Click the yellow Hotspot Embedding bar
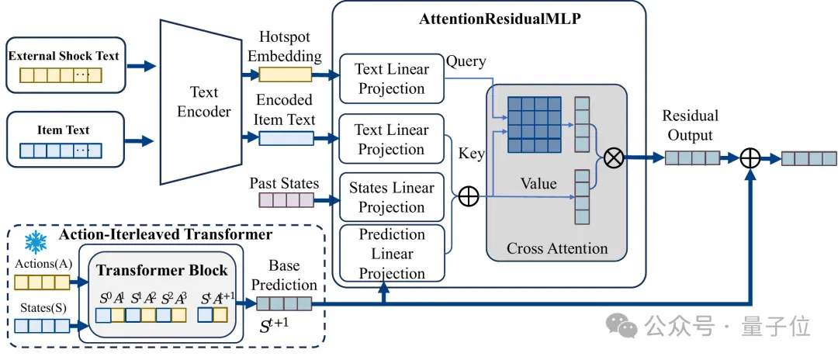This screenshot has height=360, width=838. (286, 74)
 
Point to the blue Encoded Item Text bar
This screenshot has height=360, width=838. (286, 138)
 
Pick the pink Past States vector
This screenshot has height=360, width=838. (286, 200)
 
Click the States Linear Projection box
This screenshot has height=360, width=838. (392, 197)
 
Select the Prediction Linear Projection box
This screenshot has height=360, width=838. (392, 254)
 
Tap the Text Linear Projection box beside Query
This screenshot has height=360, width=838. (392, 78)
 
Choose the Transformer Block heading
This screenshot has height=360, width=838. (162, 270)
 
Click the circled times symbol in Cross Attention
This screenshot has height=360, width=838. (614, 158)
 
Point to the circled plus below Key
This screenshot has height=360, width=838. (469, 196)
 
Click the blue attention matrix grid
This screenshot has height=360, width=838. (535, 124)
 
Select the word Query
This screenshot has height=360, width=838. (466, 61)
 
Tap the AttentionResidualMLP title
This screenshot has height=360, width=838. (500, 19)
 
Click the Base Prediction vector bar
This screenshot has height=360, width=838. (284, 303)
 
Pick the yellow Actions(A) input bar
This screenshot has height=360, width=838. (42, 282)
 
